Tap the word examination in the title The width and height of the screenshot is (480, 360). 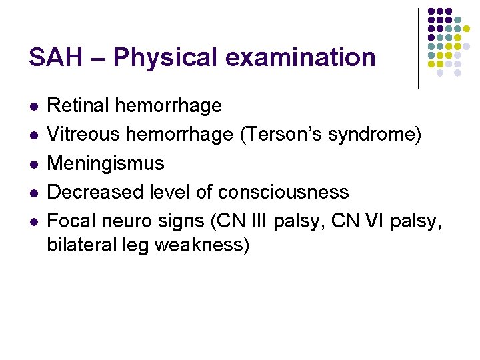click(301, 57)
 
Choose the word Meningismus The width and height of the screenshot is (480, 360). click(105, 163)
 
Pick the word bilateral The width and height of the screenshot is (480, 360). click(81, 245)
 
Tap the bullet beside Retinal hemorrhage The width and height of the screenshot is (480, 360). click(33, 106)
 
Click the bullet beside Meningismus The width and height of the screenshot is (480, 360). click(33, 164)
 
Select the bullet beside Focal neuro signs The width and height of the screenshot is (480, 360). click(33, 221)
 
